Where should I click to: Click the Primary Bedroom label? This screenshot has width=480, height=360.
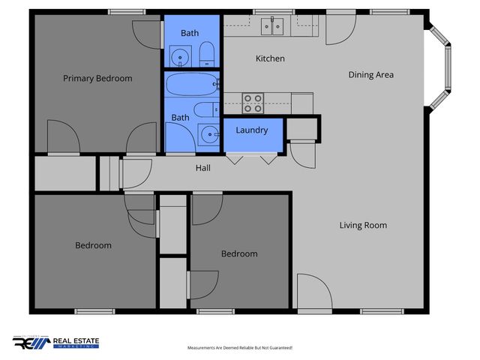pyautogui.click(x=97, y=78)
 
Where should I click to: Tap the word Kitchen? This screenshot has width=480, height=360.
pyautogui.click(x=270, y=58)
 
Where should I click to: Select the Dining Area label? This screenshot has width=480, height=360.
pyautogui.click(x=370, y=75)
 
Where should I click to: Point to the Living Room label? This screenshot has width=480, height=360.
pyautogui.click(x=363, y=225)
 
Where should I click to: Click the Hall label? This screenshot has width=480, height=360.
pyautogui.click(x=202, y=168)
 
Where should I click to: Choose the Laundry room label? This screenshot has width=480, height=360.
pyautogui.click(x=252, y=130)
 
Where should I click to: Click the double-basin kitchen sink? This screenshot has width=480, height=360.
pyautogui.click(x=271, y=26)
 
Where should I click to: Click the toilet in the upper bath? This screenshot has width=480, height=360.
pyautogui.click(x=207, y=52)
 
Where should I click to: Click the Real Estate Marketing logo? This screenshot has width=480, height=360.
pyautogui.click(x=55, y=343)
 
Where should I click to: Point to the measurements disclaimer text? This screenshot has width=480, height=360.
pyautogui.click(x=239, y=348)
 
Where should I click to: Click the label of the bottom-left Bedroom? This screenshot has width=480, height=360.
pyautogui.click(x=93, y=245)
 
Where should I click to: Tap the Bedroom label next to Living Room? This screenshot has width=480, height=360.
pyautogui.click(x=238, y=253)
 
